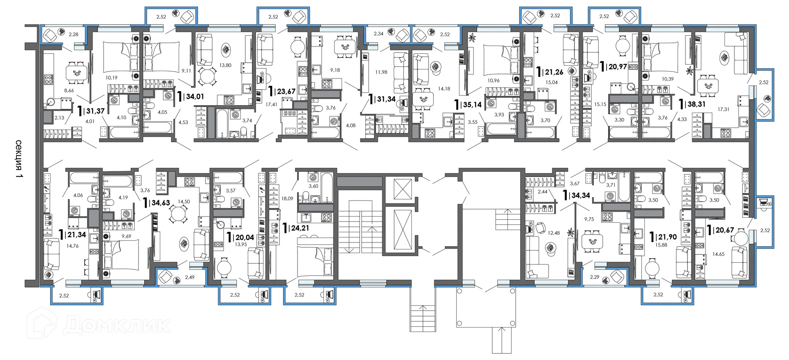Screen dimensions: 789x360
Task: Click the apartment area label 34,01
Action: point(195,97)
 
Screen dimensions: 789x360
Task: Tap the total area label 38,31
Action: point(696,104)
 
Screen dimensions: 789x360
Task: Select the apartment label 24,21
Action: point(300,228)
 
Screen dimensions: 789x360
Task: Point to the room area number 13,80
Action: point(225,65)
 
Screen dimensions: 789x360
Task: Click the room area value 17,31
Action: point(724,109)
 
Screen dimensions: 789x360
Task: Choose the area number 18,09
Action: point(287,198)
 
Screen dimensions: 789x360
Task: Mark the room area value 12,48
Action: point(554,233)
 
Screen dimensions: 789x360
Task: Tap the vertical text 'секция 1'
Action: point(19,159)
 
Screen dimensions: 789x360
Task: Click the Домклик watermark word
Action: point(117,325)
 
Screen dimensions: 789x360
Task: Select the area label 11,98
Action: point(381,72)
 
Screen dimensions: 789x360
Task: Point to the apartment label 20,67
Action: point(725,230)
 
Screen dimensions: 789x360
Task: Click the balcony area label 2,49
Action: point(189,277)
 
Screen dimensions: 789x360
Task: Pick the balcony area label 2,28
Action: point(73,35)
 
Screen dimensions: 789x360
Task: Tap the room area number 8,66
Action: point(69,91)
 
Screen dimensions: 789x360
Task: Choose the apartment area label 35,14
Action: point(473,105)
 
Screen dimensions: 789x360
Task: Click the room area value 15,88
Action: point(661,245)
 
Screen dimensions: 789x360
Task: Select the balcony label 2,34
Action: point(378,34)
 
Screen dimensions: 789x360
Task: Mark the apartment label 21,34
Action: point(77,235)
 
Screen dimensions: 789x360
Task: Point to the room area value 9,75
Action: point(589,219)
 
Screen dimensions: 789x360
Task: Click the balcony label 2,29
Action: point(594,277)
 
